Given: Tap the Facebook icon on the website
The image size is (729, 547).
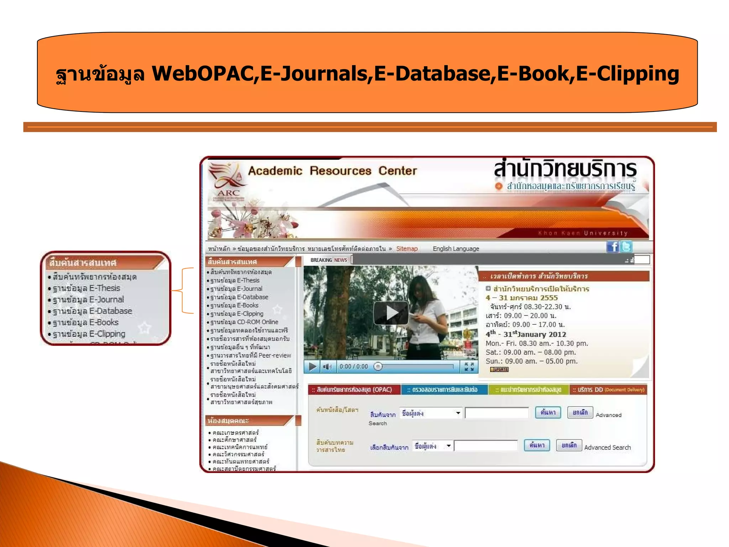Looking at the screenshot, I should pyautogui.click(x=613, y=246).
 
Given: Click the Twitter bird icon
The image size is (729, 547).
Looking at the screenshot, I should pyautogui.click(x=626, y=246).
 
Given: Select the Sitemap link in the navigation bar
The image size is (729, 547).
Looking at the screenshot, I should pyautogui.click(x=407, y=249).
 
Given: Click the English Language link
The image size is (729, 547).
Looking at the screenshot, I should pyautogui.click(x=456, y=249).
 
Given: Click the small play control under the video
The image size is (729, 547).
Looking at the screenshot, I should pyautogui.click(x=313, y=366).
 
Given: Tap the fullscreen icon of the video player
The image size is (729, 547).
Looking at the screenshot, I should pyautogui.click(x=469, y=366).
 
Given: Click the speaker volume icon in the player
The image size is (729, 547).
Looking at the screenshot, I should pyautogui.click(x=327, y=366).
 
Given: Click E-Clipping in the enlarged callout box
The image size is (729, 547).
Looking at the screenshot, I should pyautogui.click(x=89, y=334).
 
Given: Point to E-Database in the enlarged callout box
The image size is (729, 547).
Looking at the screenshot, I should pyautogui.click(x=93, y=311).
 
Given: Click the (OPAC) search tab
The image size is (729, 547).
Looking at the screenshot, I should pyautogui.click(x=354, y=390).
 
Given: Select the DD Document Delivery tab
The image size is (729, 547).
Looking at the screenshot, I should pyautogui.click(x=608, y=390).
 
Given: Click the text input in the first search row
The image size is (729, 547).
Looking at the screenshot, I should pyautogui.click(x=497, y=413).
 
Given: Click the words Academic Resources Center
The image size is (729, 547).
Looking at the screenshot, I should pyautogui.click(x=332, y=171).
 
